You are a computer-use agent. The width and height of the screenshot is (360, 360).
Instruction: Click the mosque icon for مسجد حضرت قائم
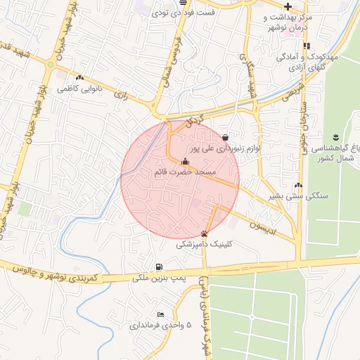185,161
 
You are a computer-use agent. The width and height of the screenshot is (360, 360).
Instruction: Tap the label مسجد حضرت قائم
185,172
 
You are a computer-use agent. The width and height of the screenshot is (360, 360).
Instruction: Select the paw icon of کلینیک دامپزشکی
204,234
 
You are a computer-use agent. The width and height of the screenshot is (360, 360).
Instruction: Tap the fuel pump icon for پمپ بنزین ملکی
160,266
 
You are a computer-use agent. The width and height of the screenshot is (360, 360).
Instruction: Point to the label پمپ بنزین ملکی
161,278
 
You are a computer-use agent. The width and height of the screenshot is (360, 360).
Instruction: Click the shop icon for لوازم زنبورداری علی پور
225,138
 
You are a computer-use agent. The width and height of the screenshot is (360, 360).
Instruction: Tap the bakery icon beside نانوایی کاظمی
79,78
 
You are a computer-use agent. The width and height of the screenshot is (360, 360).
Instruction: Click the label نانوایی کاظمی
79,89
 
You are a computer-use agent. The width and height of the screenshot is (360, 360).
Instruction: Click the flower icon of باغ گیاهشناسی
335,135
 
